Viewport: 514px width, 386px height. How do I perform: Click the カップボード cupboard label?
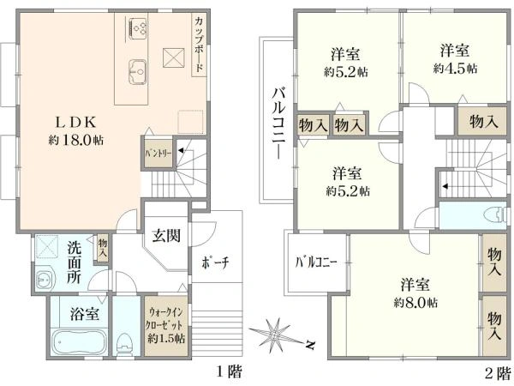tap(198, 43)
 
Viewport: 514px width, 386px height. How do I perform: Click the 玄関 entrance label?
tap(166, 235)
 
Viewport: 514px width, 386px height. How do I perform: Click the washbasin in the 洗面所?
tap(45, 279)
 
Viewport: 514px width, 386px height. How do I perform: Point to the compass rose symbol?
tap(278, 335)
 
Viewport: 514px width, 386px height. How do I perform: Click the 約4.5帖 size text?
tap(456, 67)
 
